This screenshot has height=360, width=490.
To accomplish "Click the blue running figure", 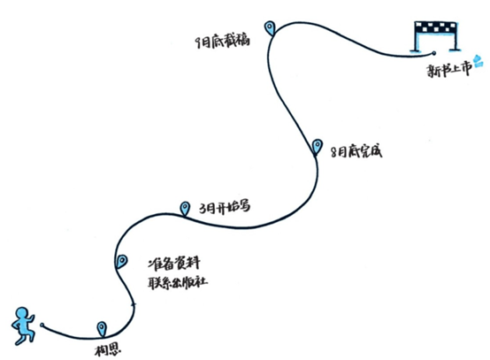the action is pyautogui.click(x=23, y=326).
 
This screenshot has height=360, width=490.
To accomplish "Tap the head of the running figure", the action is pyautogui.click(x=22, y=313).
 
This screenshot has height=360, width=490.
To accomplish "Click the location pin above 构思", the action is pyautogui.click(x=102, y=329).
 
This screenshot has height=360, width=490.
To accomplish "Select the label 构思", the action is pyautogui.click(x=108, y=349).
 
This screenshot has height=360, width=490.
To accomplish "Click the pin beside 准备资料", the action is pyautogui.click(x=121, y=261).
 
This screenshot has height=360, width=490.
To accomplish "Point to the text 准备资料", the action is pyautogui.click(x=174, y=264).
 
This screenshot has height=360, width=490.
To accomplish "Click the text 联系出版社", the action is pyautogui.click(x=178, y=282).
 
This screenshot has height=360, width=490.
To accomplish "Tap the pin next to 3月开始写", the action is pyautogui.click(x=185, y=208).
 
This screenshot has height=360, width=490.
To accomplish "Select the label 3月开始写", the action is pyautogui.click(x=225, y=207).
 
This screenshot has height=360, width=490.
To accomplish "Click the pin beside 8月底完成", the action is pyautogui.click(x=318, y=146).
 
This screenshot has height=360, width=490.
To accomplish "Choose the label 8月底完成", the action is pyautogui.click(x=356, y=152).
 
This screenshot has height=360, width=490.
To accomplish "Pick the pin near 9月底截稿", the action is pyautogui.click(x=270, y=27).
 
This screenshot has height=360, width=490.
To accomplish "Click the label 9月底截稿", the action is pyautogui.click(x=223, y=42).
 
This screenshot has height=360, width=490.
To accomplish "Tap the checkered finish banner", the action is pyautogui.click(x=435, y=27).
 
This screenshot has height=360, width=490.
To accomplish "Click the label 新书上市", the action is pyautogui.click(x=449, y=70).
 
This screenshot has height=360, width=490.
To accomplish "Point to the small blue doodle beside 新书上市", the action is pyautogui.click(x=479, y=61).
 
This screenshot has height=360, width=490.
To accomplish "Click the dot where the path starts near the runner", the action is pyautogui.click(x=42, y=325).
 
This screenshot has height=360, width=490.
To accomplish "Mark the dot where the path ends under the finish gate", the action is pyautogui.click(x=433, y=53).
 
